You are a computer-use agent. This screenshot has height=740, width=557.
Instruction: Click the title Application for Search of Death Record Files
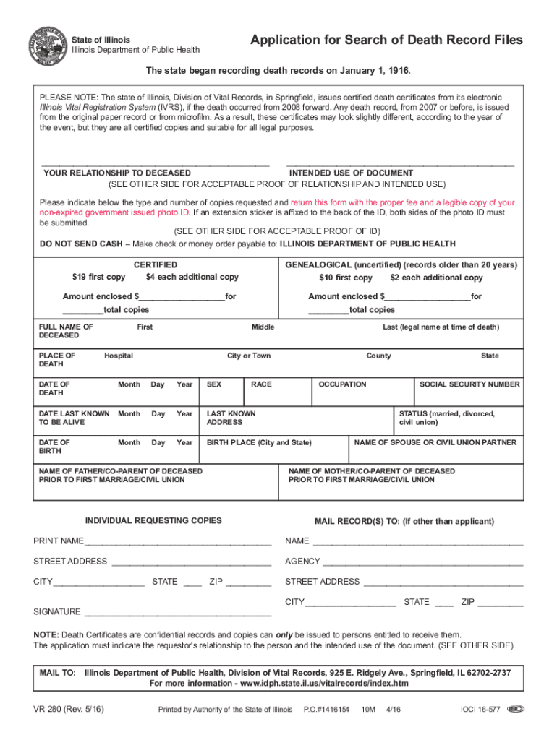coord(386,40)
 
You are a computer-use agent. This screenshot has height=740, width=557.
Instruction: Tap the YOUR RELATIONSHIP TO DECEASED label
coord(117,173)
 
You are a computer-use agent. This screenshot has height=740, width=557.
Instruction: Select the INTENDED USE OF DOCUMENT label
coord(352,173)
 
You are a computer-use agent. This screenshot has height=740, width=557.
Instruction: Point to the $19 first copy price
coord(98,277)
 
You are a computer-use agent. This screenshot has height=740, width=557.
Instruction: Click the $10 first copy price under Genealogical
coord(346,277)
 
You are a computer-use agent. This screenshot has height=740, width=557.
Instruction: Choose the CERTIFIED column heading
coord(156,265)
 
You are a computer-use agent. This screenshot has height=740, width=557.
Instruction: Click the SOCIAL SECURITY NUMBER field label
coord(469,384)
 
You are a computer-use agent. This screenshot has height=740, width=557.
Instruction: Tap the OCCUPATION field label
coord(342,384)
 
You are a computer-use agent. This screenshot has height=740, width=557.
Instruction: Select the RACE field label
coord(261,384)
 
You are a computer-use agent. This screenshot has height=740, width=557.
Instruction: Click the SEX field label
coord(214,384)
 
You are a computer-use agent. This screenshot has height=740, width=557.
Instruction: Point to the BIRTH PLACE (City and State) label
coord(260,442)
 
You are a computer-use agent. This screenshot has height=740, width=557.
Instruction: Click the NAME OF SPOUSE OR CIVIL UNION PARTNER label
coord(435,442)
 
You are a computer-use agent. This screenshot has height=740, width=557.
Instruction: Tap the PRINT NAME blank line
coord(178,542)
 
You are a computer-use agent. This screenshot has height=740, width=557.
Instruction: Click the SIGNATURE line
coord(178,613)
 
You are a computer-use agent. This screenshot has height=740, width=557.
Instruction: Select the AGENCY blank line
coord(422,562)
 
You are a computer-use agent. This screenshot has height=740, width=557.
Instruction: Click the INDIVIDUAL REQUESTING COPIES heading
coord(153,521)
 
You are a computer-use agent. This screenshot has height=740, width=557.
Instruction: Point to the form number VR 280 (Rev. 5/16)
coord(69,710)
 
